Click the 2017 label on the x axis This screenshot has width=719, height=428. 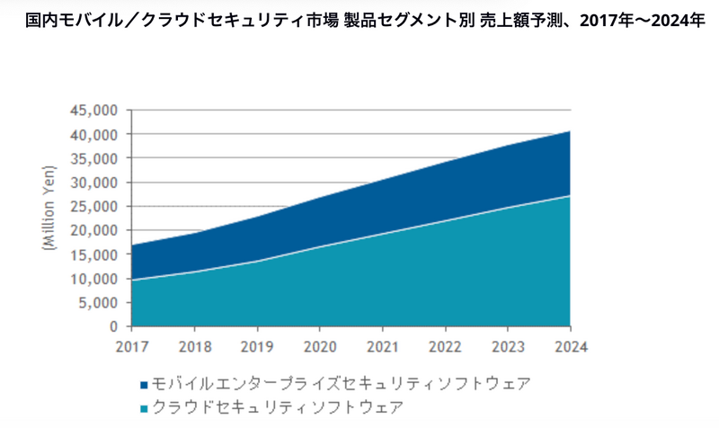click(x=131, y=344)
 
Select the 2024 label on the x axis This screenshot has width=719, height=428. click(x=570, y=344)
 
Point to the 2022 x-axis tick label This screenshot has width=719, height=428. click(x=445, y=344)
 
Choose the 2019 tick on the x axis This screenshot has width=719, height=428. click(x=257, y=344)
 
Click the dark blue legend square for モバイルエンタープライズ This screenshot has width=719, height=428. click(x=146, y=384)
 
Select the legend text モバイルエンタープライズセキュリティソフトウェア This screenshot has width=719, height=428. click(x=342, y=384)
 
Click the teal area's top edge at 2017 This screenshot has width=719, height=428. click(x=131, y=280)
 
